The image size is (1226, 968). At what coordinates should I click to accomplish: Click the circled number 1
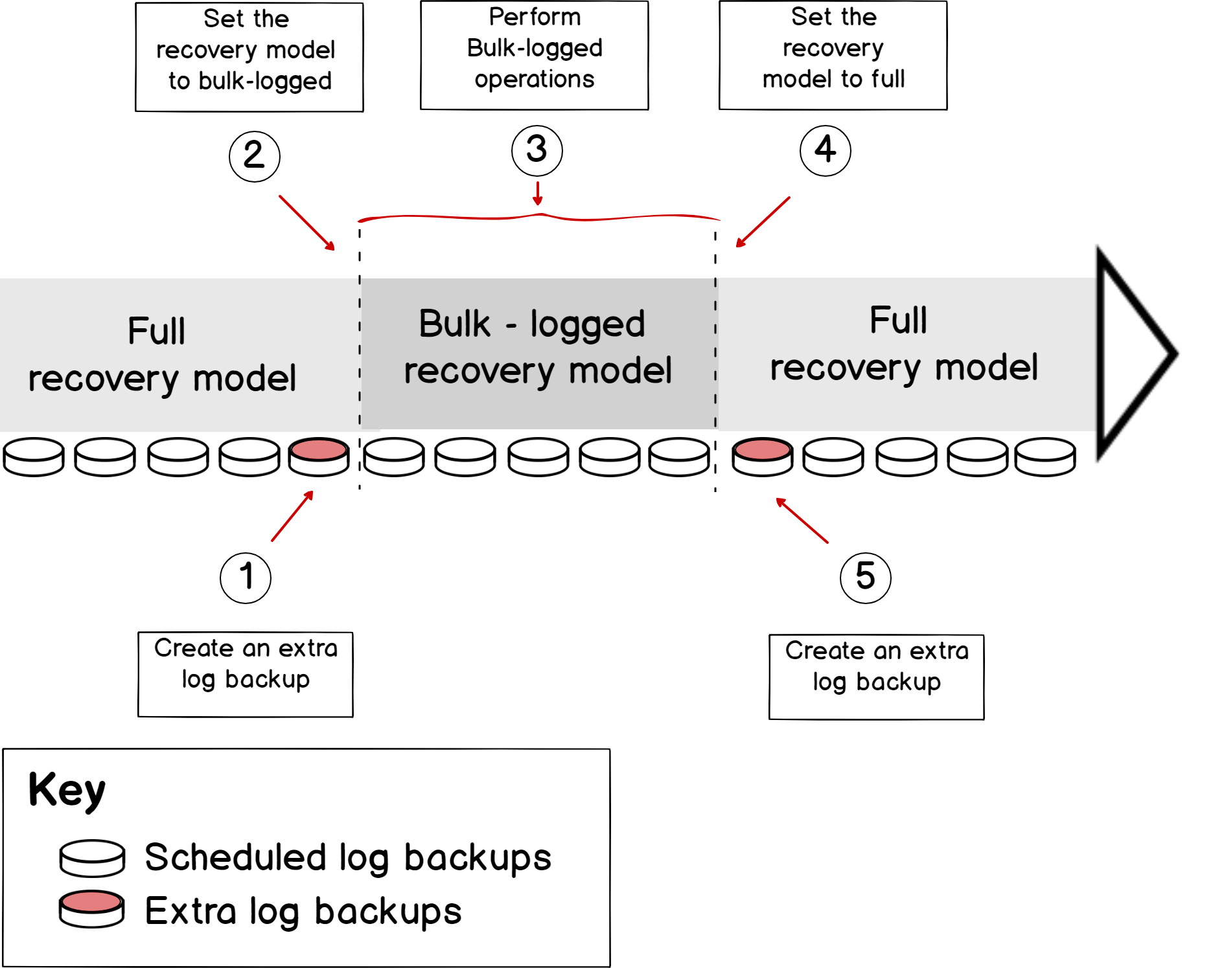pos(245,578)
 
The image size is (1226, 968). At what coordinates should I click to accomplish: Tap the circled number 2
pos(254,156)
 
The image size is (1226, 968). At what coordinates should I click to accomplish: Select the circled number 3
pos(537,150)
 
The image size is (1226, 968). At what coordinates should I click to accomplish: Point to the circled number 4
pos(825,150)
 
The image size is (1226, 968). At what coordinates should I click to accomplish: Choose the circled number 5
pos(865,578)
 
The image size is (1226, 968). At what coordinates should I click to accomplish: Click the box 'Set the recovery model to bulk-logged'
pos(249,57)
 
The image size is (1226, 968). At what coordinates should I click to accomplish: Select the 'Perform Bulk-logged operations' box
pos(534,55)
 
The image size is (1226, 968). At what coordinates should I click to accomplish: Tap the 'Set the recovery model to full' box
pos(833,55)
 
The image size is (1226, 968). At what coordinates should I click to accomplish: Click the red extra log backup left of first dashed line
pos(319,456)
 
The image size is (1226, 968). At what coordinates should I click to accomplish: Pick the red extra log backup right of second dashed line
pos(762,456)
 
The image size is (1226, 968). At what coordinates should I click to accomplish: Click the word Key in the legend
pos(67,790)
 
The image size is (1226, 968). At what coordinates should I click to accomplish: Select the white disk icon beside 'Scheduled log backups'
pos(92,858)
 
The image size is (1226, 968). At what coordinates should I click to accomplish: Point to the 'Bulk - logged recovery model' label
pos(537,348)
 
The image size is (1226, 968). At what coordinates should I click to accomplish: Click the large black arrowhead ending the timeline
pos(1134,354)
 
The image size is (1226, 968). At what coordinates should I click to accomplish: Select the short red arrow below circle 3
pos(537,194)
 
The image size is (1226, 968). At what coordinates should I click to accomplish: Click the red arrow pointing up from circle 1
pos(292,516)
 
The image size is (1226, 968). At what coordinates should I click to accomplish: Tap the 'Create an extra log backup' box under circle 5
pos(876,677)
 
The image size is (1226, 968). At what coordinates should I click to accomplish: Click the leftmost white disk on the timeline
pos(34,456)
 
